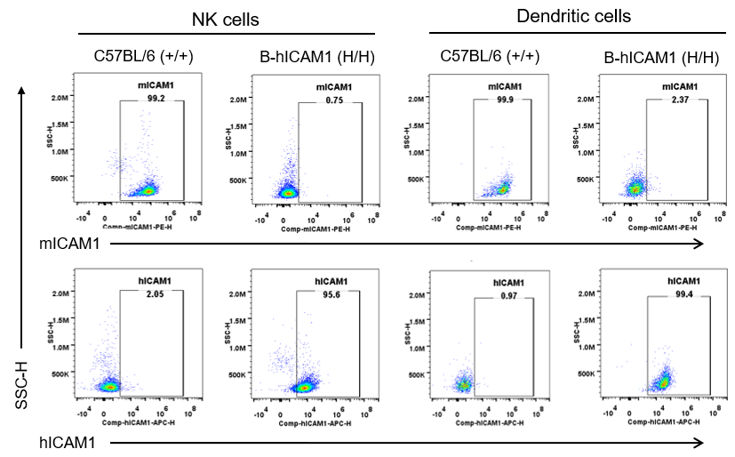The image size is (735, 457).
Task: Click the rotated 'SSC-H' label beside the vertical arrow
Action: click(24, 390)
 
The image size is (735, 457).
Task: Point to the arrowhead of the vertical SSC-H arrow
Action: click(24, 89)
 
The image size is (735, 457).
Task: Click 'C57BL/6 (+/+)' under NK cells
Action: click(144, 57)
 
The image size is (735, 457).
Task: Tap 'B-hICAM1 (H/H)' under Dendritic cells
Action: click(660, 58)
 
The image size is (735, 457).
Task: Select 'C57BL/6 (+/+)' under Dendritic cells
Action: click(491, 57)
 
